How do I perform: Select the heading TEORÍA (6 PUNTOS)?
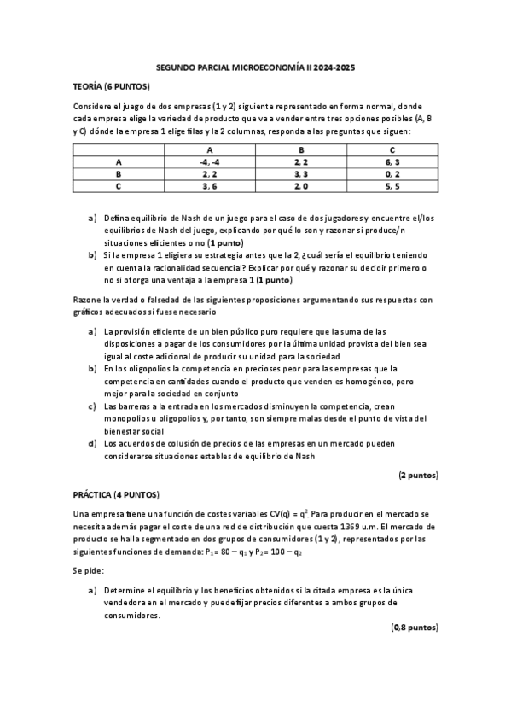pyautogui.click(x=111, y=86)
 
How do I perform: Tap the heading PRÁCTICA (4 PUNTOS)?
pyautogui.click(x=115, y=494)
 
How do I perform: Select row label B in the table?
pyautogui.click(x=119, y=172)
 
